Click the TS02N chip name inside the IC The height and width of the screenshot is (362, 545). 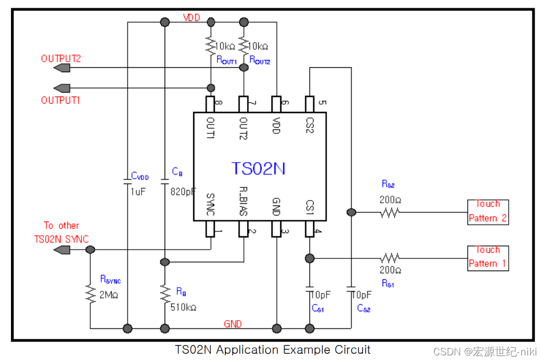258,168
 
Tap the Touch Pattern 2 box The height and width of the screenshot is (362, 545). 488,212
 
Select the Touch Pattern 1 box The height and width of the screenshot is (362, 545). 488,257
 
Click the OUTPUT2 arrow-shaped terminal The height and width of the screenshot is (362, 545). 62,68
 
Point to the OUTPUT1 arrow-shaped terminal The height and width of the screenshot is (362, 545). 62,88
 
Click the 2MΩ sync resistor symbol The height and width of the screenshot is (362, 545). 90,294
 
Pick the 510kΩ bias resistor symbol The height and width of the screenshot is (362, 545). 165,294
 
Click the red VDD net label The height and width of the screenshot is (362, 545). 192,18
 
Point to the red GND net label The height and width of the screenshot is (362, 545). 233,324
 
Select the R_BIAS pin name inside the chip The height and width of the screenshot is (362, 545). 243,203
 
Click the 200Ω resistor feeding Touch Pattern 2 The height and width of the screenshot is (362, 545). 389,212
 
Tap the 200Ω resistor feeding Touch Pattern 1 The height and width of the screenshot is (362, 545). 390,257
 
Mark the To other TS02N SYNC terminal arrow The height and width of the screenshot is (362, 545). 62,250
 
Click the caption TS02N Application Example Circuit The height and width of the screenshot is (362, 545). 272,350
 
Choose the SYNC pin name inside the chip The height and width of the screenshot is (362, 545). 210,204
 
